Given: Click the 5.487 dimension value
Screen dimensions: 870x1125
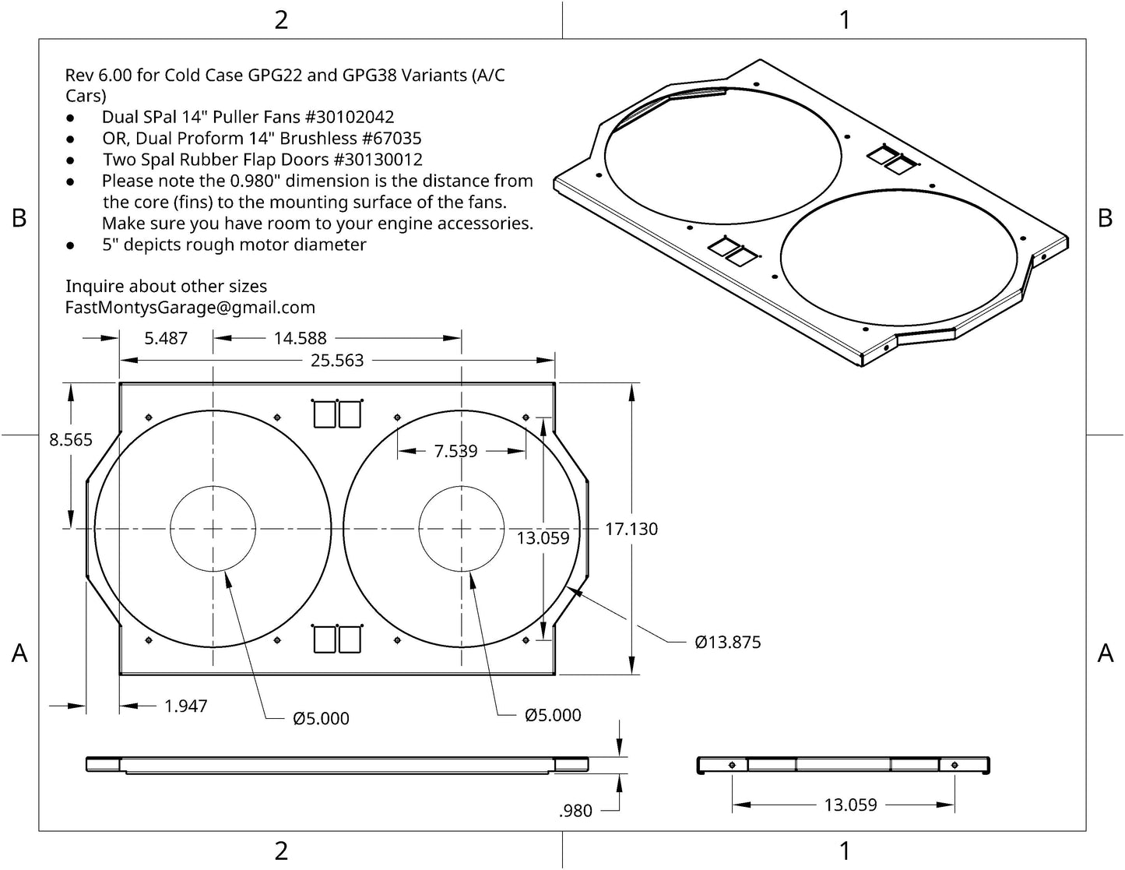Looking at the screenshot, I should click(166, 338).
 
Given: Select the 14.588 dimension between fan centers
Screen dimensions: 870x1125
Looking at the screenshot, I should click(300, 338).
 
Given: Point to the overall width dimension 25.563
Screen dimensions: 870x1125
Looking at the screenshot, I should click(337, 361).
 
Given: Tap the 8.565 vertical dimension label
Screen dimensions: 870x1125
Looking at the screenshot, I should click(71, 440).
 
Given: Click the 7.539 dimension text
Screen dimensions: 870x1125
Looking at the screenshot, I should click(456, 451).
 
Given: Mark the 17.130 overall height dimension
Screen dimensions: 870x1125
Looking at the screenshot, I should click(631, 529).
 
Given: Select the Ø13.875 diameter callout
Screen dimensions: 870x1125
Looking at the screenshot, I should click(727, 643).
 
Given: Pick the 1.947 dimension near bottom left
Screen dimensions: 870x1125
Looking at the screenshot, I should click(185, 706).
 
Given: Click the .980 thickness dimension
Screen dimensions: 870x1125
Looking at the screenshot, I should click(575, 811).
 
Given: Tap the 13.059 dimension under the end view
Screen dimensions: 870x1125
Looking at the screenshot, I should click(850, 805).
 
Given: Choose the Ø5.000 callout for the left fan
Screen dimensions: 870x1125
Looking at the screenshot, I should click(321, 718).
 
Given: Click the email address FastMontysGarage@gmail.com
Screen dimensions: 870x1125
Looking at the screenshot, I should click(190, 308).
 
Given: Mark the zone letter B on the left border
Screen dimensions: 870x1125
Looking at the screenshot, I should click(19, 218).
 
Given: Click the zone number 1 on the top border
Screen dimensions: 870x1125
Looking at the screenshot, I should click(845, 19).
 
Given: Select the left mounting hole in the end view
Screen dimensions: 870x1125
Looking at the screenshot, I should click(732, 766).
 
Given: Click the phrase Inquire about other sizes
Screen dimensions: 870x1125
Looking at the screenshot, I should click(166, 287).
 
